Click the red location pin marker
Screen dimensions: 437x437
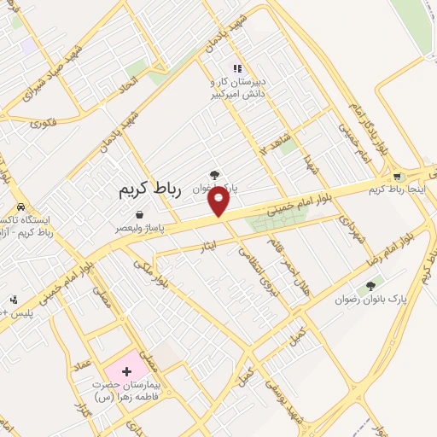[x=219, y=201]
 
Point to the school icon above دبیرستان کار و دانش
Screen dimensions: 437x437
[x=238, y=68]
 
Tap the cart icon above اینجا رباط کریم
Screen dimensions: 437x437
[x=397, y=177]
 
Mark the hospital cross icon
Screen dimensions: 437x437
[x=126, y=371]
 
